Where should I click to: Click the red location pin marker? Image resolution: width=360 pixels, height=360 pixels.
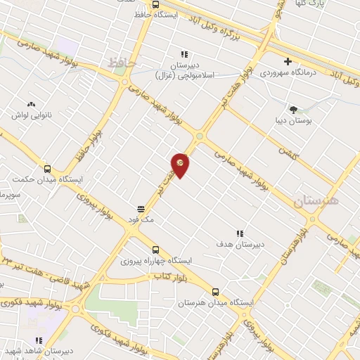point(181,164)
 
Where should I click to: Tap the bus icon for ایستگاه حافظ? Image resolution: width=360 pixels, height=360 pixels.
point(156,4)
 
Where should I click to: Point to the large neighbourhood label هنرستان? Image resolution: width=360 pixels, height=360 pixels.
point(316,201)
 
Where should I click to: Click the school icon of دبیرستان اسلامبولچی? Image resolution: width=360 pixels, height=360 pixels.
point(184,54)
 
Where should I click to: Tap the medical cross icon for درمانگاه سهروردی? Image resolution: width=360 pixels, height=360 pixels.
point(288,61)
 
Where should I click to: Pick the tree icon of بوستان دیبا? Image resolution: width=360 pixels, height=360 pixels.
point(293,109)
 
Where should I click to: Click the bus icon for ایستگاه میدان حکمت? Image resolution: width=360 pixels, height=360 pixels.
point(47,169)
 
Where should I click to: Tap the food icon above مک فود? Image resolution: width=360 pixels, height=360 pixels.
point(141,209)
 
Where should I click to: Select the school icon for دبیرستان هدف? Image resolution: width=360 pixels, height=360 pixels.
point(240,233)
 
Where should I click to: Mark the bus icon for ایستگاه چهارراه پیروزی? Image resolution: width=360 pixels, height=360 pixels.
point(155,250)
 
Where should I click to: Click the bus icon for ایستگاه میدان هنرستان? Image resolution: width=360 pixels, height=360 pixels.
point(215,292)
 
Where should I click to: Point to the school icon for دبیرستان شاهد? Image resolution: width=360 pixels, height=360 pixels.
point(39,340)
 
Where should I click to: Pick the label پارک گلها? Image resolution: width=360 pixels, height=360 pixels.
point(326,4)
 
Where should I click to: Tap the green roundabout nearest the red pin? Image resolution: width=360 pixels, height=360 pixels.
point(200,136)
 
